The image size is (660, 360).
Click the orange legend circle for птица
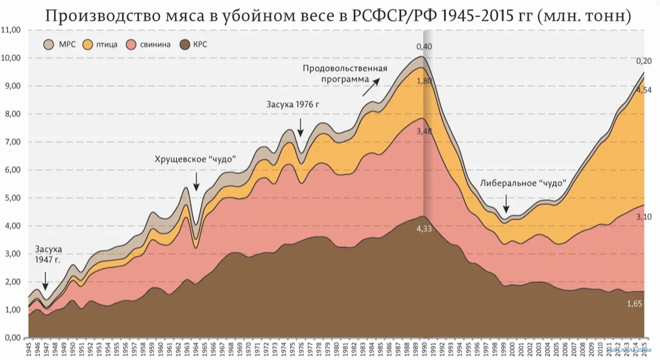(88, 45)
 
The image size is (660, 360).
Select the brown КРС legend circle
(185, 45)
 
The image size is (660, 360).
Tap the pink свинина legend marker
(131, 45)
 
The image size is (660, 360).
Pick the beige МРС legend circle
(49, 45)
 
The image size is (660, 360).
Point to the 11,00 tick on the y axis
(11, 30)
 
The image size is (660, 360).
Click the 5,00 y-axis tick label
(11, 198)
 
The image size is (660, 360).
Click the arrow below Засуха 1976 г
(300, 127)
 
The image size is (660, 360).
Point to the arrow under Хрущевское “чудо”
(196, 182)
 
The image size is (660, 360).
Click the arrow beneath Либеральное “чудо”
(506, 204)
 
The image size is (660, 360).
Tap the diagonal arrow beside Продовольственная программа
(371, 87)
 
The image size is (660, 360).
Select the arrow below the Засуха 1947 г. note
(45, 281)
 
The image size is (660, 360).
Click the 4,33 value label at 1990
(424, 229)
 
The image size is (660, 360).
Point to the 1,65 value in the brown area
(634, 304)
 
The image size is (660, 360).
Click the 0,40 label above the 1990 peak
(424, 47)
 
